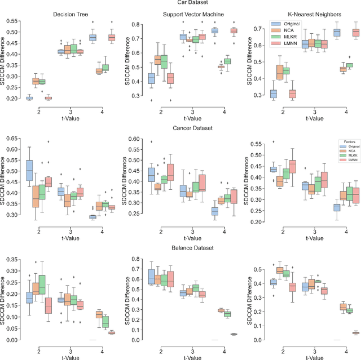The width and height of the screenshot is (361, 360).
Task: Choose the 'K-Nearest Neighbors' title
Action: coord(302,14)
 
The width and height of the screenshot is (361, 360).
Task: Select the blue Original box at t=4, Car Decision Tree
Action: coord(93,38)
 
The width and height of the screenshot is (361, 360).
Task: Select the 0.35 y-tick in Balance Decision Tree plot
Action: coord(7,259)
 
